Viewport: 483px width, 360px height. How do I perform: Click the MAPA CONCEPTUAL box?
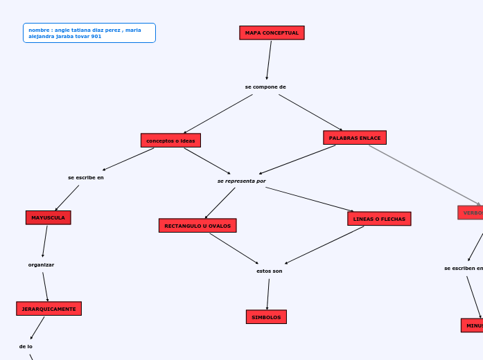click(272, 33)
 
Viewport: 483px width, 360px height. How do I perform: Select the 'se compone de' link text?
click(265, 87)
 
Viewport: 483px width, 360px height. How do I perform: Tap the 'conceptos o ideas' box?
click(170, 141)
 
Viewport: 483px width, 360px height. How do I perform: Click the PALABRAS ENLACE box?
click(355, 138)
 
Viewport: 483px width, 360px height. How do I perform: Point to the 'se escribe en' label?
click(86, 178)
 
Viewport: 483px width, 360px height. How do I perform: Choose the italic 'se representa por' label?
click(241, 181)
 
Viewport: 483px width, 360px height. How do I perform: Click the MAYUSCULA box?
click(48, 218)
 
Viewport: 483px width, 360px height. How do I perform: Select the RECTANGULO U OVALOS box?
click(197, 226)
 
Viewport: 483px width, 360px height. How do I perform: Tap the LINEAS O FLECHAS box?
click(379, 219)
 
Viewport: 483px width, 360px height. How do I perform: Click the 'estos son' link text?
click(270, 271)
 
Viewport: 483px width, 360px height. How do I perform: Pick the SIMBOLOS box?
click(266, 317)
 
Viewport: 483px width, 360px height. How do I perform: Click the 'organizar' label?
click(41, 265)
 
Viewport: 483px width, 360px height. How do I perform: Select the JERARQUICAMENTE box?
click(49, 309)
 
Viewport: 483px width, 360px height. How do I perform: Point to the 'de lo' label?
click(26, 346)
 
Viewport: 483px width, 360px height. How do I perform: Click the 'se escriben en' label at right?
click(463, 269)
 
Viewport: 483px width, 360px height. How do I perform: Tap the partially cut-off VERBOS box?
click(471, 213)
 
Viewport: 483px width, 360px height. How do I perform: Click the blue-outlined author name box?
click(89, 33)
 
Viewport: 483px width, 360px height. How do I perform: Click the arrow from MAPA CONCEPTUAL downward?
click(269, 60)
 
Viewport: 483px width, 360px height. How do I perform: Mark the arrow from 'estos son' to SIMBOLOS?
click(268, 294)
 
